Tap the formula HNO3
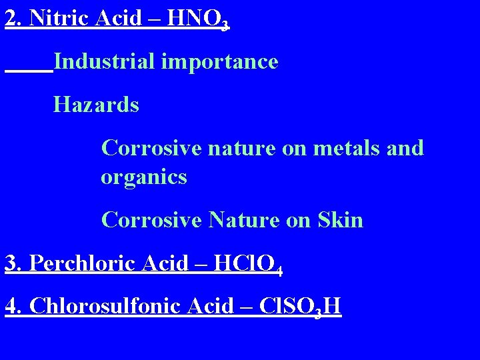198,19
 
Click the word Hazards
96,105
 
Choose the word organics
143,177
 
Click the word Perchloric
82,263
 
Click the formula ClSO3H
300,307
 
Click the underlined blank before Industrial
28,67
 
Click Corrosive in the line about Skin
151,220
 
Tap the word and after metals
405,147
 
